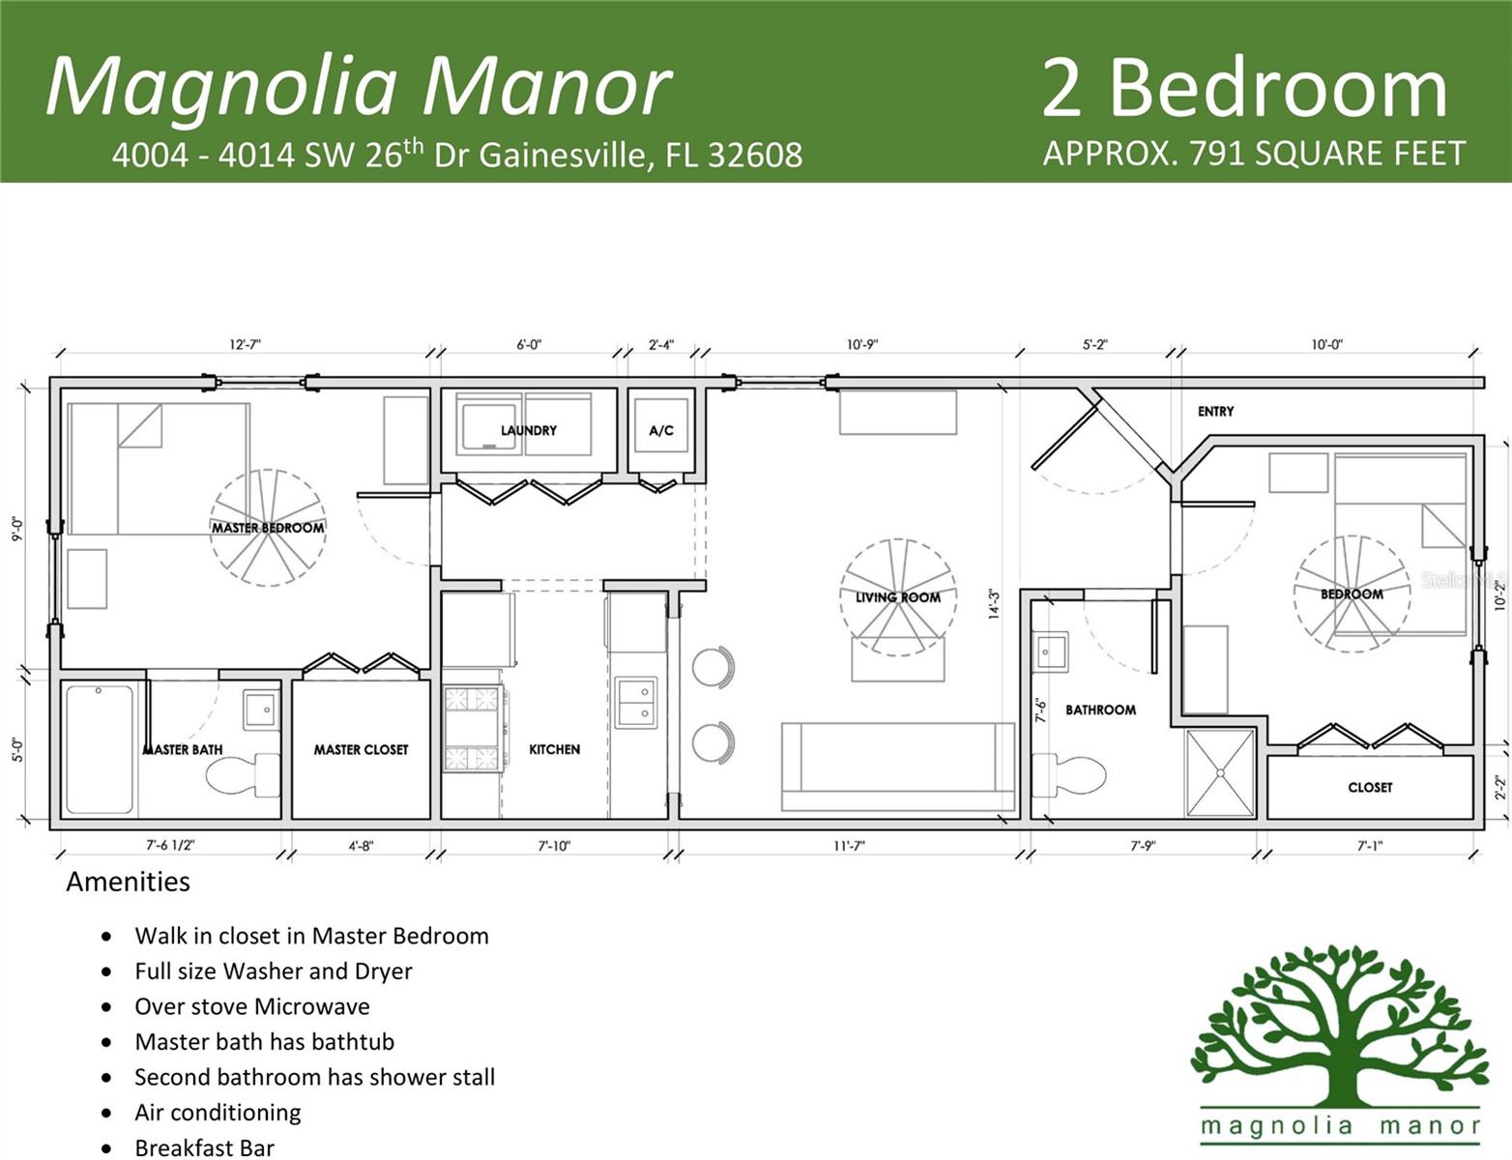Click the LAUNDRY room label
point(528,430)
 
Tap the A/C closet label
point(661,430)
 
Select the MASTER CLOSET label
point(361,749)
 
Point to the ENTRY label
point(1215,411)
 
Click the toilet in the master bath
point(242,774)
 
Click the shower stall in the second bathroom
point(1220,772)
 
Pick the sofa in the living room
point(897,767)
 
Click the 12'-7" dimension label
point(245,344)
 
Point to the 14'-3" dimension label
point(993,603)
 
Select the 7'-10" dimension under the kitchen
point(554,846)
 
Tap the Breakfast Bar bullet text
point(204,1147)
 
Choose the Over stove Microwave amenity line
point(251,1006)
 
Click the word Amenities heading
point(128,882)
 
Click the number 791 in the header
point(1222,153)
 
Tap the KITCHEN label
point(554,749)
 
